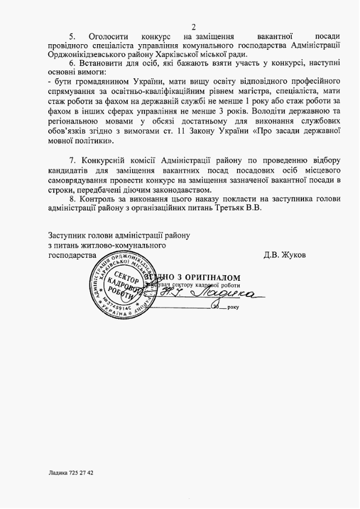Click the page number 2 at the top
click(194, 26)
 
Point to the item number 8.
click(72, 197)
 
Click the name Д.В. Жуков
click(285, 254)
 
